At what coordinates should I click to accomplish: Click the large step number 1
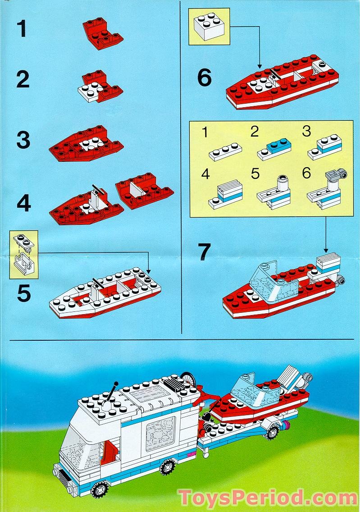tap(22, 29)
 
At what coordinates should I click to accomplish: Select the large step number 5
tap(23, 293)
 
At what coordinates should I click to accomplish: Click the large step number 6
tap(204, 78)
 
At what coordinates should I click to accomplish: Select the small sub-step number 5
tap(255, 174)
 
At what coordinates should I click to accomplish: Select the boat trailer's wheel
tap(272, 432)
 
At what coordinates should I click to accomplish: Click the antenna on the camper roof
tap(110, 393)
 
